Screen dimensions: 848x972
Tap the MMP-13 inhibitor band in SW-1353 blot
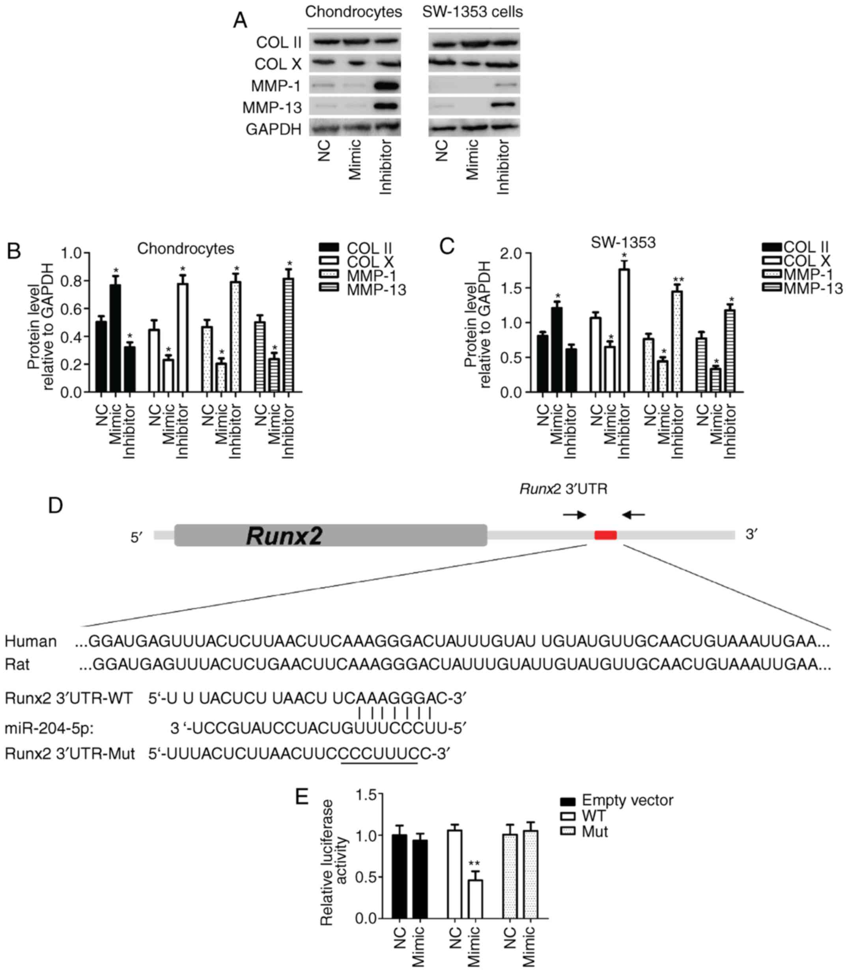[x=504, y=106]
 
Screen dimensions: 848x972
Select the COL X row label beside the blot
[x=278, y=64]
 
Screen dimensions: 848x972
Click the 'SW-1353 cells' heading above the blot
[x=472, y=12]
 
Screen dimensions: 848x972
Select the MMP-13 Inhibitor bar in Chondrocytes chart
[x=289, y=335]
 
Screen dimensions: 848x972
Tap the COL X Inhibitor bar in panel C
[x=624, y=330]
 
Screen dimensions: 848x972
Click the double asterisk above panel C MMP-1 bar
[x=678, y=280]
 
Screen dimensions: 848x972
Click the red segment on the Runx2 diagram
[x=605, y=535]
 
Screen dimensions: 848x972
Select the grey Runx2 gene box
[x=330, y=535]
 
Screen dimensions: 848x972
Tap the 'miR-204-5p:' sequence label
[x=49, y=728]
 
